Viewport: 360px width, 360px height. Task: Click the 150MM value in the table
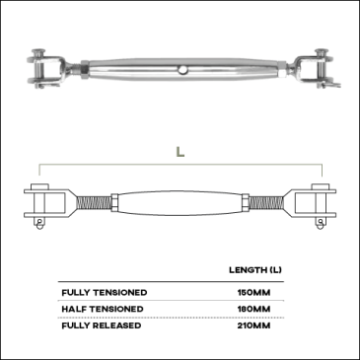pyautogui.click(x=253, y=293)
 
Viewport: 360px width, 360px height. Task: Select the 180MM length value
pyautogui.click(x=253, y=309)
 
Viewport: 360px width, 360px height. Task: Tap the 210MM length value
pyautogui.click(x=253, y=325)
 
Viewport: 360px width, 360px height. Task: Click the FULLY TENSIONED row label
pyautogui.click(x=105, y=293)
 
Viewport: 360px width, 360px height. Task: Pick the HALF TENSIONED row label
pyautogui.click(x=103, y=309)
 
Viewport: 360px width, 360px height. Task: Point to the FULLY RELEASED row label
pyautogui.click(x=102, y=325)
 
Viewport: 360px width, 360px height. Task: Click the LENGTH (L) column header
pyautogui.click(x=255, y=270)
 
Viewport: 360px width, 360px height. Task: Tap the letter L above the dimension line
pyautogui.click(x=180, y=152)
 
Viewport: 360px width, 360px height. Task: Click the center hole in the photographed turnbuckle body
pyautogui.click(x=181, y=70)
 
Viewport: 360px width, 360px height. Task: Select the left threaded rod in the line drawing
pyautogui.click(x=95, y=204)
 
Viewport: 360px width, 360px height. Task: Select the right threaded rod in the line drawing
pyautogui.click(x=265, y=204)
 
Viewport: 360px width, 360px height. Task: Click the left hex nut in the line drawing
pyautogui.click(x=115, y=204)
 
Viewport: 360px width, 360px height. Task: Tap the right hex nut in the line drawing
pyautogui.click(x=246, y=204)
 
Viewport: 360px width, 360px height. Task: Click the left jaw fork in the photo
pyautogui.click(x=46, y=70)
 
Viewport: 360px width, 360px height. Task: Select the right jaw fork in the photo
pyautogui.click(x=313, y=69)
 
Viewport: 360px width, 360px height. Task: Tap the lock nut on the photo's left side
pyautogui.click(x=84, y=70)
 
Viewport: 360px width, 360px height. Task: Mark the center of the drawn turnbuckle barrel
pyautogui.click(x=180, y=204)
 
